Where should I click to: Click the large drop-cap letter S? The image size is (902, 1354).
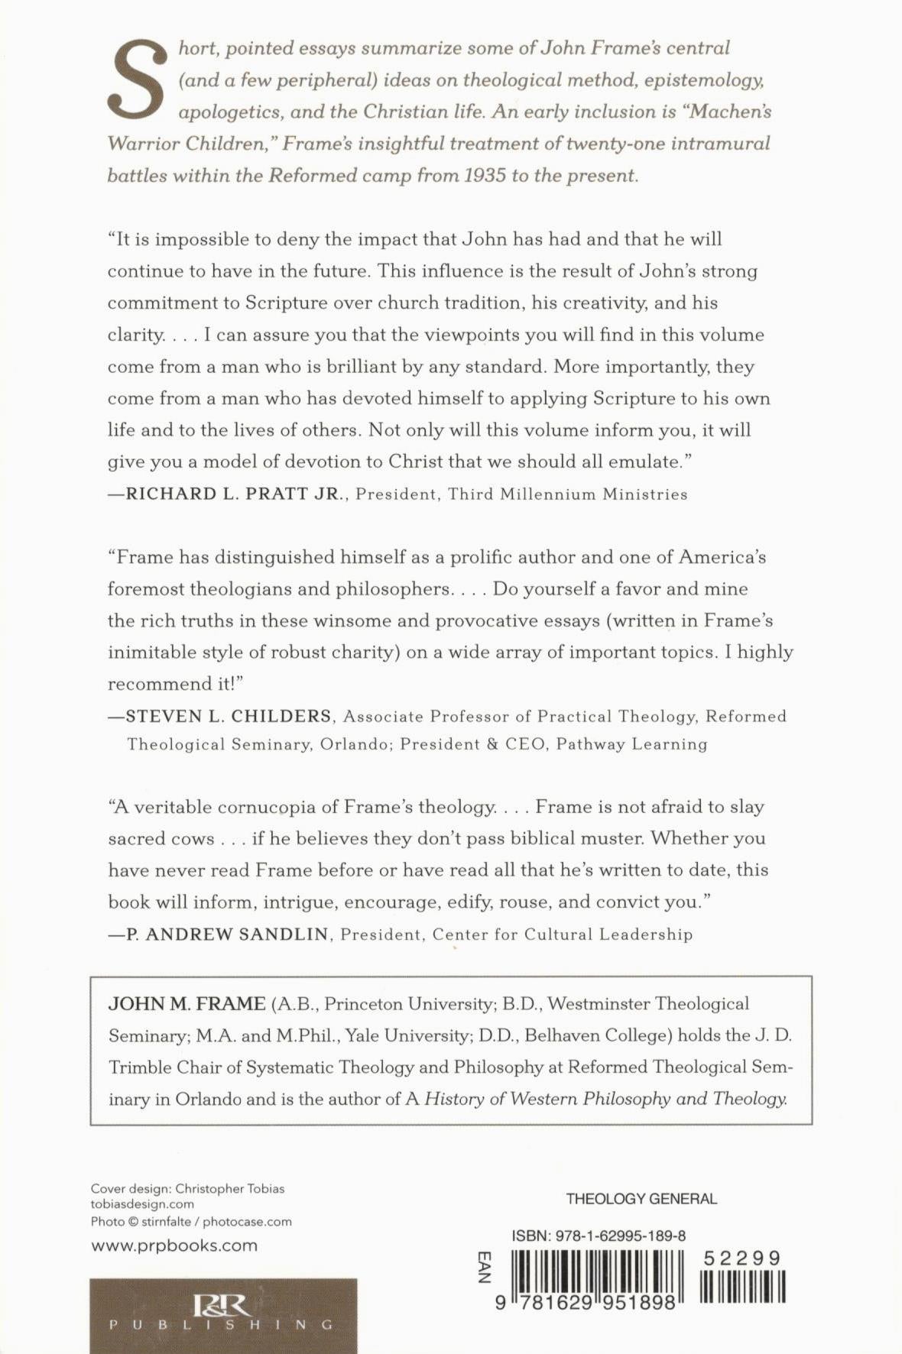tap(138, 79)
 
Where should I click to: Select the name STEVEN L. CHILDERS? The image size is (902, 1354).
tap(229, 717)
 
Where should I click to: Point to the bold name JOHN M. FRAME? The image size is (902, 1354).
tap(187, 1004)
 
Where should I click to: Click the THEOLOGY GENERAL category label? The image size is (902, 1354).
tap(641, 1199)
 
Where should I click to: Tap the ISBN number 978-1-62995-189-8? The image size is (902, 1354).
tap(599, 1236)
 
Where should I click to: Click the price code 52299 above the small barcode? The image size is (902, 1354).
tap(742, 1258)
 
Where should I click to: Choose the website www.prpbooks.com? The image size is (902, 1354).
tap(174, 1245)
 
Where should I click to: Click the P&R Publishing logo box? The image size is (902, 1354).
tap(222, 1315)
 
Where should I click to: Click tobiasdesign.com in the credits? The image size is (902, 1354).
tap(142, 1205)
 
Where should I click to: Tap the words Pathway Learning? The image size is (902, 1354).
tap(631, 744)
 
